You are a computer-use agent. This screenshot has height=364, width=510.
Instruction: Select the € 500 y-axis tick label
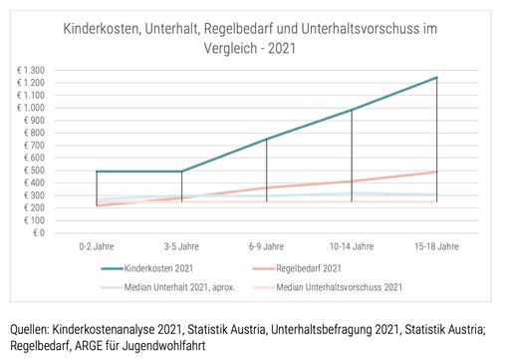(x=35, y=171)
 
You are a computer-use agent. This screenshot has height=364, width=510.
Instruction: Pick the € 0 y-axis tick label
(x=39, y=232)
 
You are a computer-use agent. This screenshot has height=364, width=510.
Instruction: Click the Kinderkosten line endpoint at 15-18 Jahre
(x=436, y=77)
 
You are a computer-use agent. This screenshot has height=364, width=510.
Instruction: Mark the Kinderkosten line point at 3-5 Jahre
(x=181, y=172)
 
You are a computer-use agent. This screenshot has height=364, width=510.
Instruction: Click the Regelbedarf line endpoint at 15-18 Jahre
(x=436, y=172)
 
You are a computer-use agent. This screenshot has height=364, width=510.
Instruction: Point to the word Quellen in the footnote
(x=32, y=328)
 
